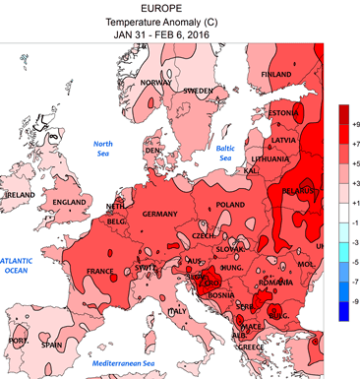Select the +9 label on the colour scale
354,124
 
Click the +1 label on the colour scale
354,202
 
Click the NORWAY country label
156,84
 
